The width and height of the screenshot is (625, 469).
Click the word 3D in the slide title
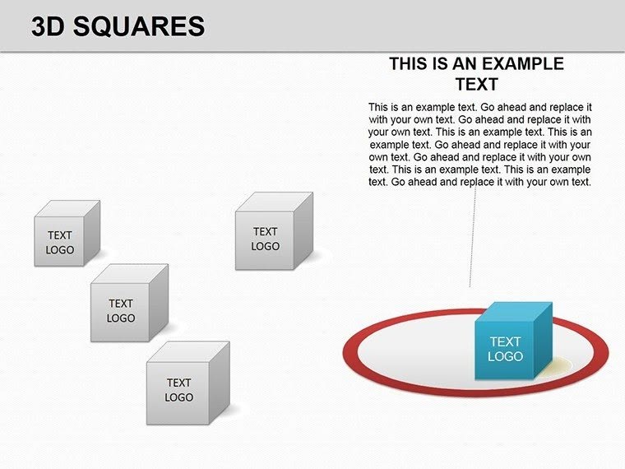(x=49, y=27)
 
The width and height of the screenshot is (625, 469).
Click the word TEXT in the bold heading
(x=477, y=84)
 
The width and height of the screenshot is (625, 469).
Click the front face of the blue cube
(x=505, y=350)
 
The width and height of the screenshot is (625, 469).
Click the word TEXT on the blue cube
(x=505, y=341)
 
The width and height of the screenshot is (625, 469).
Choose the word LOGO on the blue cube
(x=505, y=356)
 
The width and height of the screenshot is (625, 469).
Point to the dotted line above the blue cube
(x=472, y=247)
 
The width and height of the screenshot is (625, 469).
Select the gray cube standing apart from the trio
(x=265, y=239)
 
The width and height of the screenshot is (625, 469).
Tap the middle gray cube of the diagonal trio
(x=121, y=311)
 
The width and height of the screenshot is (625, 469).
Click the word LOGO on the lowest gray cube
(x=178, y=397)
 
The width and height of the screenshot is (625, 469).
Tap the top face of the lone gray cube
(x=275, y=202)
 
